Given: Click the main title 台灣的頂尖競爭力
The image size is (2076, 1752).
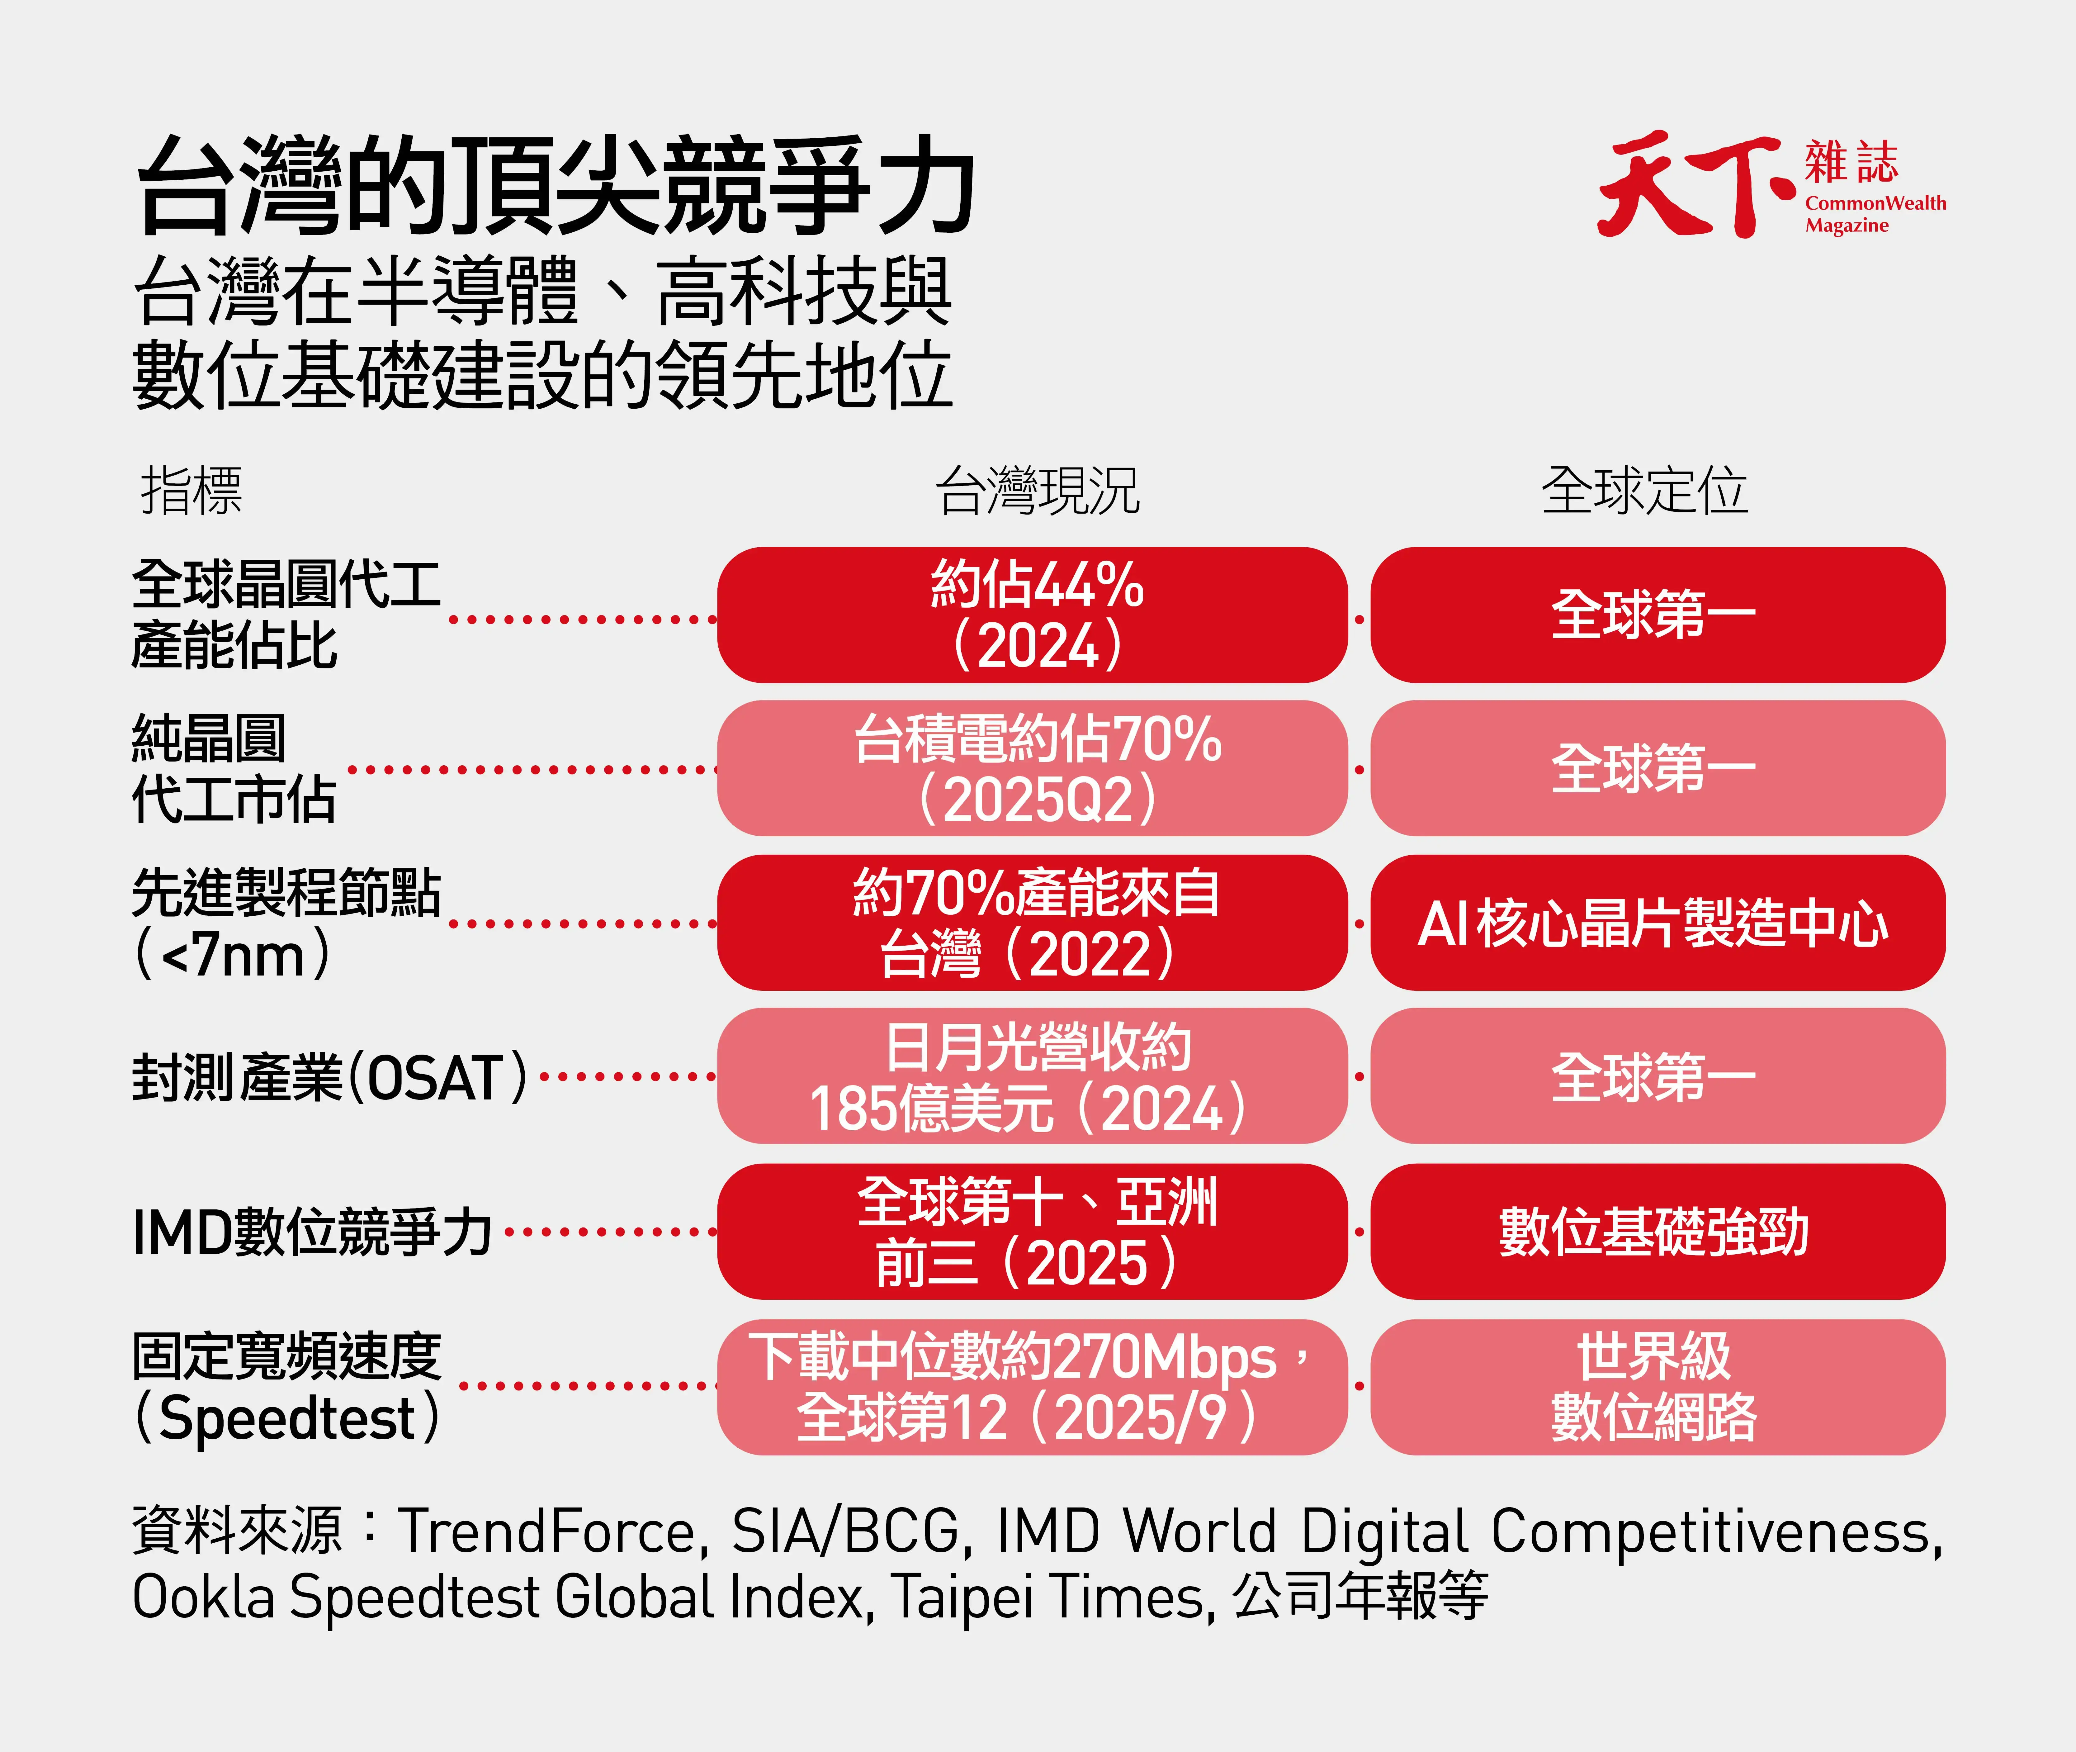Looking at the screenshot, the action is (x=556, y=186).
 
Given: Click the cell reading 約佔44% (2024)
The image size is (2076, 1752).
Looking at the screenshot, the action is (x=1033, y=615).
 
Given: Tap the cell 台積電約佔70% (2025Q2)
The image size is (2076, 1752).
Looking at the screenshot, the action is (x=1033, y=769).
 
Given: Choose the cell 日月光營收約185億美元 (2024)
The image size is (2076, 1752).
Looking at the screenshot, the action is (x=1033, y=1077).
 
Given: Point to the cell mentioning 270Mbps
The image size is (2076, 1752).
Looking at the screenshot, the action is (x=1033, y=1387).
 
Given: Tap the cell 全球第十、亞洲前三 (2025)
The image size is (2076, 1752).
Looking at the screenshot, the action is (x=1033, y=1232).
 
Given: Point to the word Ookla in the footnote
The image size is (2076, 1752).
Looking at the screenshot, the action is (x=204, y=1597).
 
